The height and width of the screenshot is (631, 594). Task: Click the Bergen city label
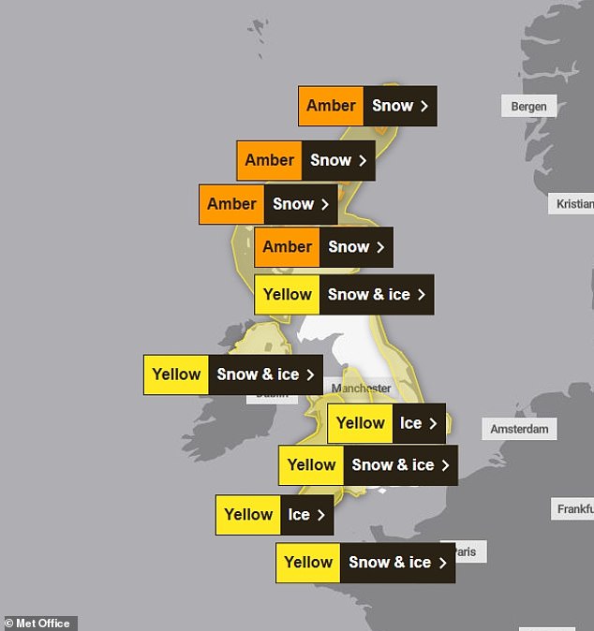[x=528, y=106]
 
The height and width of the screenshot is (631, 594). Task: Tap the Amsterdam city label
[x=520, y=429]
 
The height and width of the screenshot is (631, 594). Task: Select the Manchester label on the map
[x=361, y=388]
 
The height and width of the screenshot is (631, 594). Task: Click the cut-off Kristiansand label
[x=574, y=203]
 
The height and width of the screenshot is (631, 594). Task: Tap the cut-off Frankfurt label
[x=574, y=509]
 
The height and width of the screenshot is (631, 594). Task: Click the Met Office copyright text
[x=39, y=624]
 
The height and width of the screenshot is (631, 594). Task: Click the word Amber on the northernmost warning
[x=331, y=106]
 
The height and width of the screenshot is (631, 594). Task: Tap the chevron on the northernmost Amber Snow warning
[x=423, y=106]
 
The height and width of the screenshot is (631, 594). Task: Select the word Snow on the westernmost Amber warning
[x=293, y=204]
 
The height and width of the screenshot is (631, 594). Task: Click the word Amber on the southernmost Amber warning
[x=287, y=247]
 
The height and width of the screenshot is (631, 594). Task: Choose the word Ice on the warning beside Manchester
[x=410, y=423]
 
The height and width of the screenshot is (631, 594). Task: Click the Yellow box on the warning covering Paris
[x=308, y=563]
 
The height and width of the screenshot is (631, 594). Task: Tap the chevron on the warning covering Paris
[x=442, y=563]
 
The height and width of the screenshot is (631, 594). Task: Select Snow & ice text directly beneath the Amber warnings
[x=369, y=295]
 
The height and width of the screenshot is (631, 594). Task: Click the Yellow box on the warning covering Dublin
[x=176, y=374]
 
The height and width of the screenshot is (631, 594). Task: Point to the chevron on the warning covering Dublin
[x=310, y=374]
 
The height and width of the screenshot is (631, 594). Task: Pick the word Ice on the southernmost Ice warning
[x=299, y=515]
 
